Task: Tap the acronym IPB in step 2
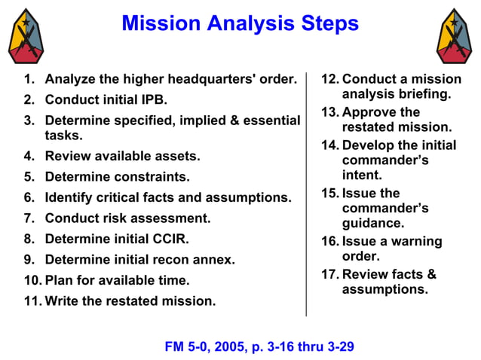point(154,99)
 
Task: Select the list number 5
point(29,178)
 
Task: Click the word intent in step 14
point(360,175)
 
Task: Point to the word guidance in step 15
point(373,223)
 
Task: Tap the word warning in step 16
point(413,241)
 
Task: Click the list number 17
point(329,274)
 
